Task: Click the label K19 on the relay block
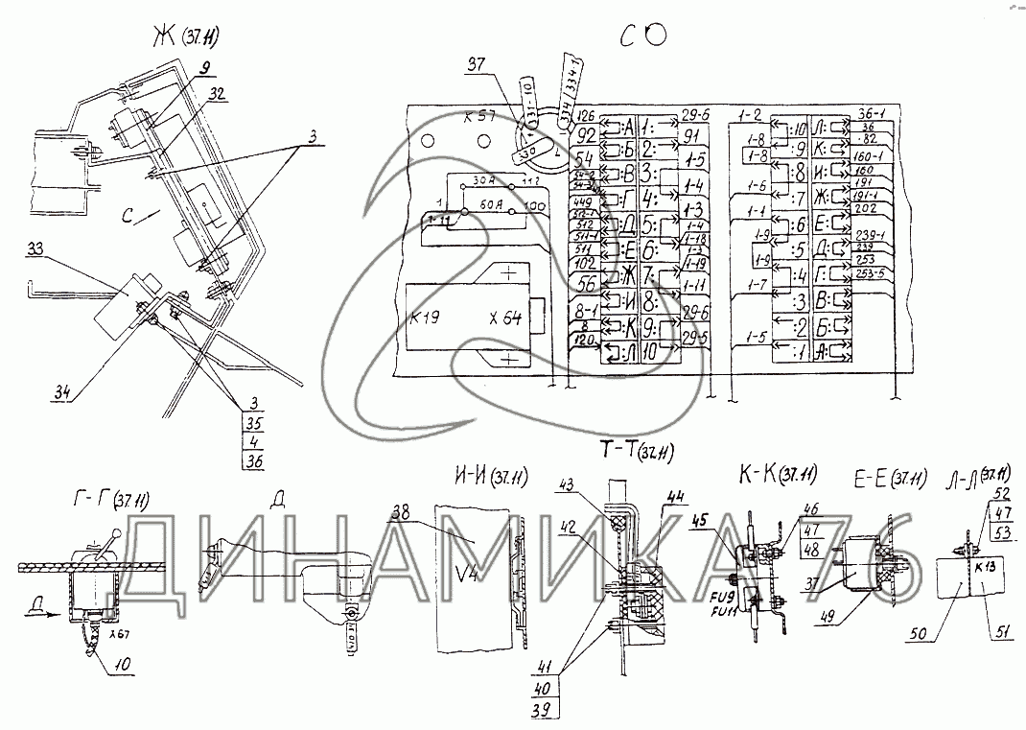[x=426, y=318]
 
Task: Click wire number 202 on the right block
[x=865, y=208]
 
